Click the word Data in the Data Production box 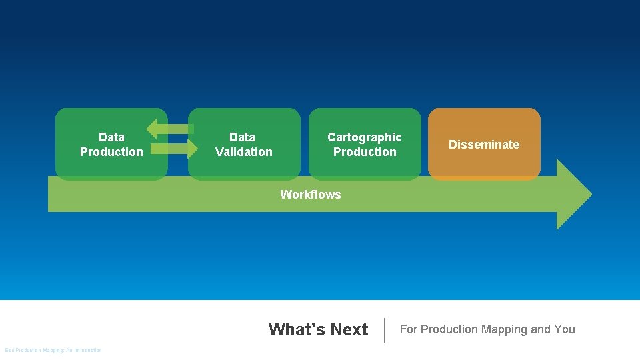111,137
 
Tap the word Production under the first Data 111,152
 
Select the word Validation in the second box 244,152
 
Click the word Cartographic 365,137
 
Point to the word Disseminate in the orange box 484,145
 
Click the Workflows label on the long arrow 311,195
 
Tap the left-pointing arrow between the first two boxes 167,127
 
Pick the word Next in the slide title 349,329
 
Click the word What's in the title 297,329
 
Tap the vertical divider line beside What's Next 385,330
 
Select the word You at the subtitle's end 564,329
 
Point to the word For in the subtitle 408,329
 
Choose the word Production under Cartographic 365,152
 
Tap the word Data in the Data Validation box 242,137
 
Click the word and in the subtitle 541,329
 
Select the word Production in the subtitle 449,329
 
